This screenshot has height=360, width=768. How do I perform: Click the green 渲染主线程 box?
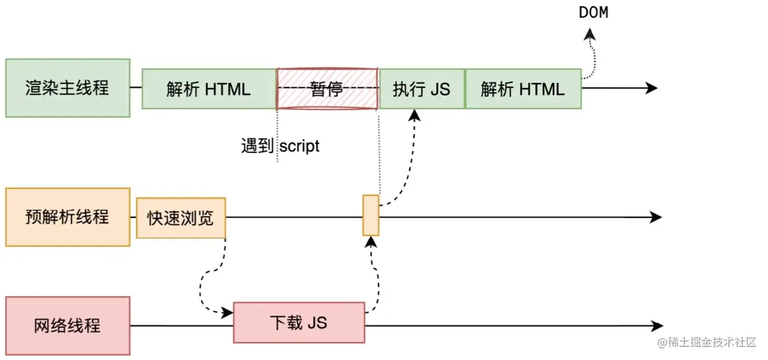pyautogui.click(x=68, y=88)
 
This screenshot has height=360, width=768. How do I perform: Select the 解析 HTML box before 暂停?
pyautogui.click(x=209, y=89)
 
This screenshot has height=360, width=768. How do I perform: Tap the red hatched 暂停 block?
pyautogui.click(x=326, y=89)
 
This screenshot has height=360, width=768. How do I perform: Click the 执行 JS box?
pyautogui.click(x=421, y=89)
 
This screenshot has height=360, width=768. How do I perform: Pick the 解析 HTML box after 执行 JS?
pyautogui.click(x=523, y=89)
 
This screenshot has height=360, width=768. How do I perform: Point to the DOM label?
pyautogui.click(x=593, y=12)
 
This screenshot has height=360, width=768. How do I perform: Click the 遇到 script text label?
pyautogui.click(x=280, y=146)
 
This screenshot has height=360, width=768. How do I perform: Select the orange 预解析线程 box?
pyautogui.click(x=68, y=217)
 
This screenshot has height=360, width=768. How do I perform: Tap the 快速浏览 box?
pyautogui.click(x=181, y=218)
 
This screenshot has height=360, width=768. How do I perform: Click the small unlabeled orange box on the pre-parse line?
pyautogui.click(x=370, y=215)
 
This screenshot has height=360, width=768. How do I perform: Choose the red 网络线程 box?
pyautogui.click(x=68, y=325)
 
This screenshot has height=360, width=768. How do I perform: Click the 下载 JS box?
pyautogui.click(x=299, y=323)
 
